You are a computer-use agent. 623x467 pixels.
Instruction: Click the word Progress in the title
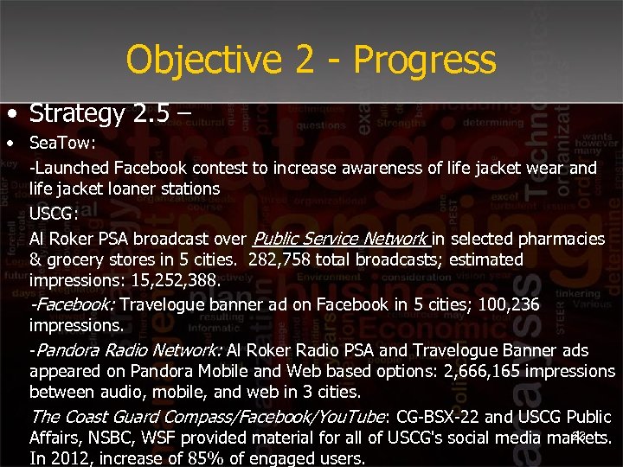coord(424,61)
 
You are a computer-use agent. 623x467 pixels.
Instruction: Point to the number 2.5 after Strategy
coord(161,112)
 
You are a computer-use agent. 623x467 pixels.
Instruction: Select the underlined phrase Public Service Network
coord(339,238)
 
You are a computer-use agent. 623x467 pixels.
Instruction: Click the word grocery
coord(76,259)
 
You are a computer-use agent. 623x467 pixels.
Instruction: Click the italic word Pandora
coord(66,350)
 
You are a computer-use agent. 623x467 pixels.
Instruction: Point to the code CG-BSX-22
coord(439,417)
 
